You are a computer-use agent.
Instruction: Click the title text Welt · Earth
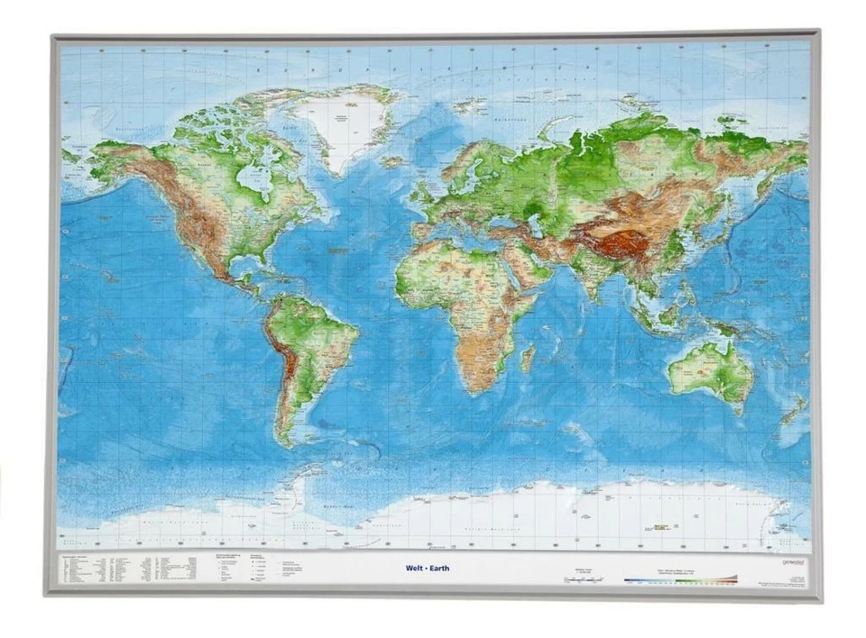pyautogui.click(x=428, y=568)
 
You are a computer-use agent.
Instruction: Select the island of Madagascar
pyautogui.click(x=528, y=356)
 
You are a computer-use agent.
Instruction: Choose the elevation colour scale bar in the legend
pyautogui.click(x=681, y=579)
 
